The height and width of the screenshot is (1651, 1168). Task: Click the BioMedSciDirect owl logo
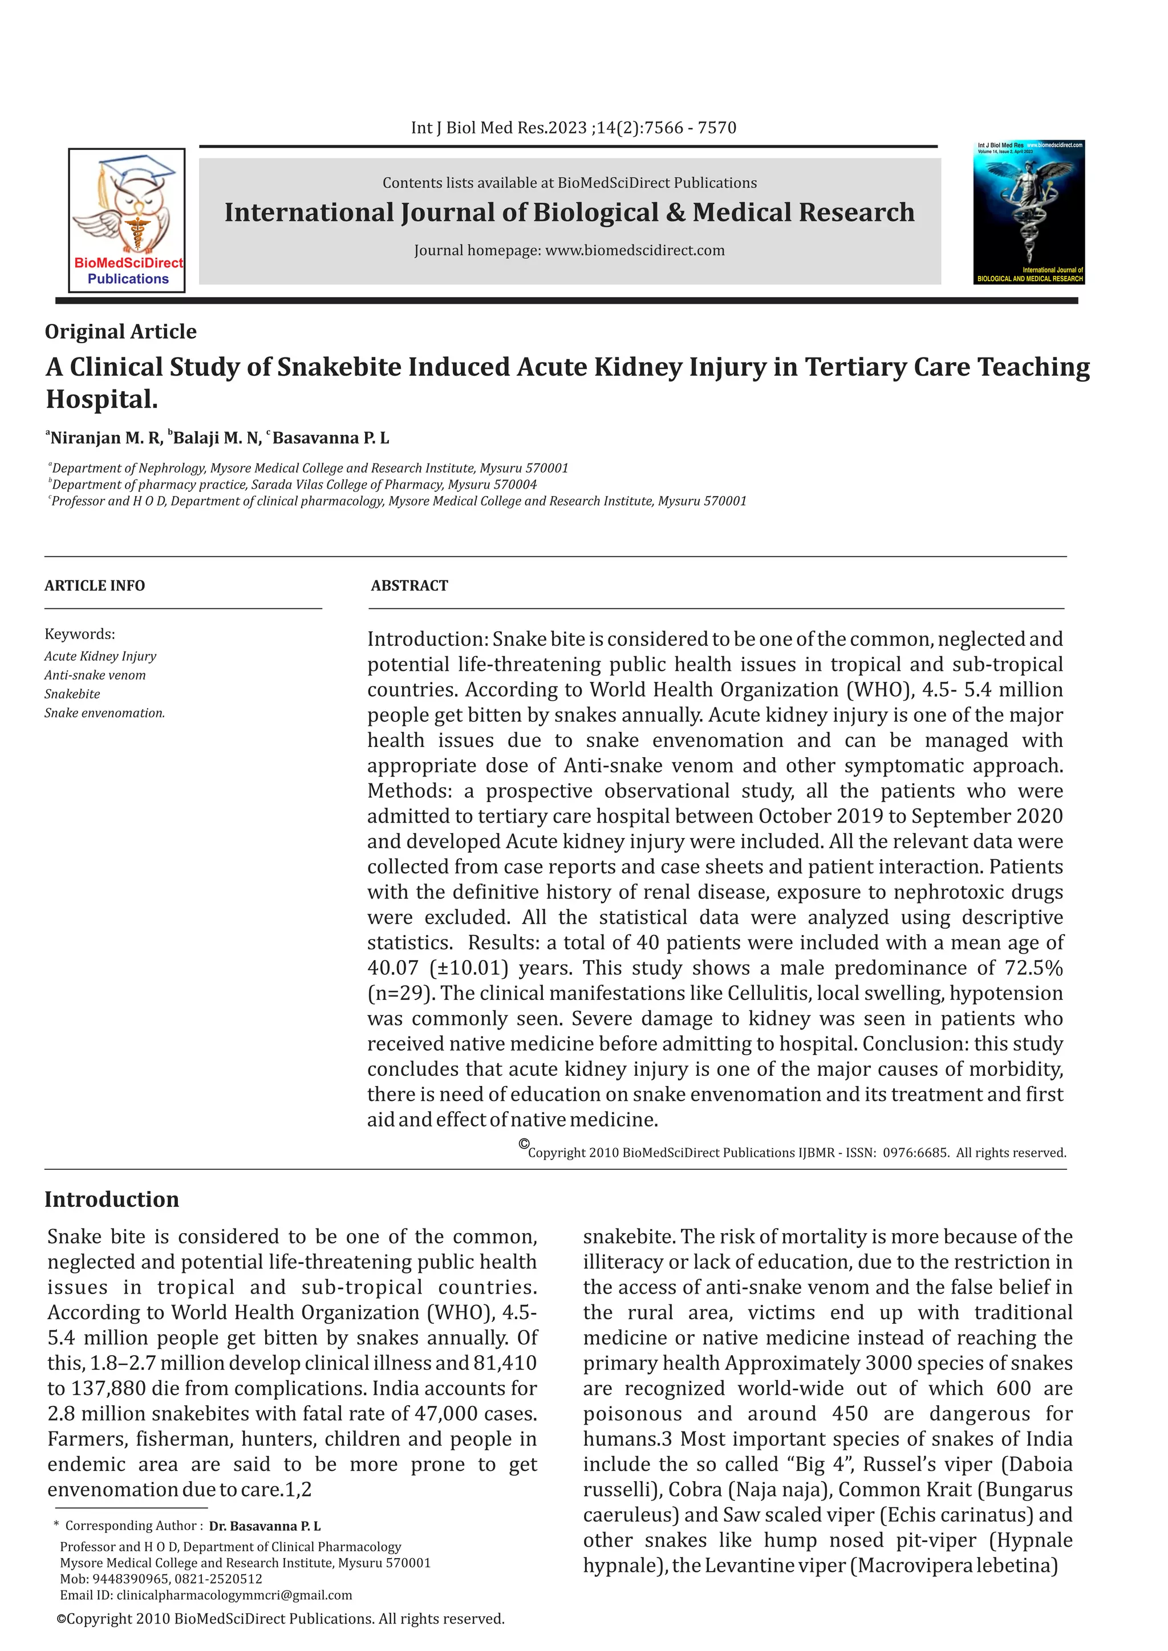tap(127, 220)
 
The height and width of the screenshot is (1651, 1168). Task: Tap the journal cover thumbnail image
tap(1028, 212)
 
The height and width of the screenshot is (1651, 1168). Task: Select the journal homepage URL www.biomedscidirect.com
tap(634, 250)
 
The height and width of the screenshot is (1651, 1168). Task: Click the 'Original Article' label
tap(120, 331)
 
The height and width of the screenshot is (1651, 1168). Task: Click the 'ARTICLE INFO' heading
tap(94, 585)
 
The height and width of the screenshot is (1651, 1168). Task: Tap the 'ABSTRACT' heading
tap(409, 585)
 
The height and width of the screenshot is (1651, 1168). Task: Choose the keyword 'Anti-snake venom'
tap(95, 675)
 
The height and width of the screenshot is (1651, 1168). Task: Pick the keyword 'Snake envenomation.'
tap(104, 713)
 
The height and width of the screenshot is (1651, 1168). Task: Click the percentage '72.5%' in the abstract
tap(1033, 968)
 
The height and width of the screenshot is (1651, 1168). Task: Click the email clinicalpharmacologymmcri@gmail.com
tap(234, 1595)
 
